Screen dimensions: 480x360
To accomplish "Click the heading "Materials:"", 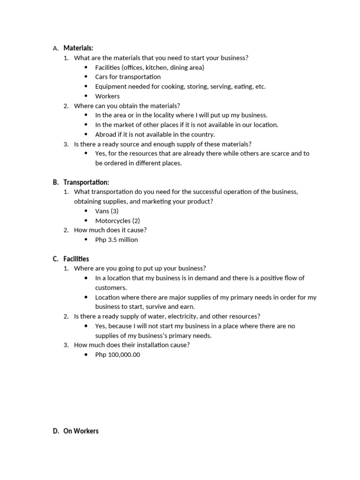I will tap(78, 48).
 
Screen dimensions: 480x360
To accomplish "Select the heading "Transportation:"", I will tap(86, 182).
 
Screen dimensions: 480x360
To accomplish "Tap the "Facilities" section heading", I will tap(76, 259).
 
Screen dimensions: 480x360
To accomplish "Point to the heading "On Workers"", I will tap(81, 431).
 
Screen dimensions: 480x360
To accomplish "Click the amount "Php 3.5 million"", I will tap(116, 240).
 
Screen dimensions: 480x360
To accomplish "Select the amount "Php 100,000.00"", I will tap(117, 354).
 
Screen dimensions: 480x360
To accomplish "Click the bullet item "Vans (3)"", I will tap(107, 211).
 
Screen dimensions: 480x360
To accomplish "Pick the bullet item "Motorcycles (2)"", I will tap(117, 220).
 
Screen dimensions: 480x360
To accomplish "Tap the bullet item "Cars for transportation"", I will tap(127, 77).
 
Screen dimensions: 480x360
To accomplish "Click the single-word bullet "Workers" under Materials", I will tap(107, 96).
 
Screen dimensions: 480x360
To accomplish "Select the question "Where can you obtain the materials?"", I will tap(127, 106).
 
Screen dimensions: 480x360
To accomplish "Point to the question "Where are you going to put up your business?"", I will tap(140, 268).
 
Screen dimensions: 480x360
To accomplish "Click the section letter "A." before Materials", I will tap(56, 48).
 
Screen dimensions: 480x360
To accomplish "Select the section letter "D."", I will tap(56, 431).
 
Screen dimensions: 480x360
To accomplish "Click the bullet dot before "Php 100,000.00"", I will tap(86, 355).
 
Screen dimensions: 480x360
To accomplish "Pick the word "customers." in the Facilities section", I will tap(111, 287).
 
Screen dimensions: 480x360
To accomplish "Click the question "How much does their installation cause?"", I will tap(132, 345).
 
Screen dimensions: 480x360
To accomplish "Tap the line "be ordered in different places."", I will tap(138, 163).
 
